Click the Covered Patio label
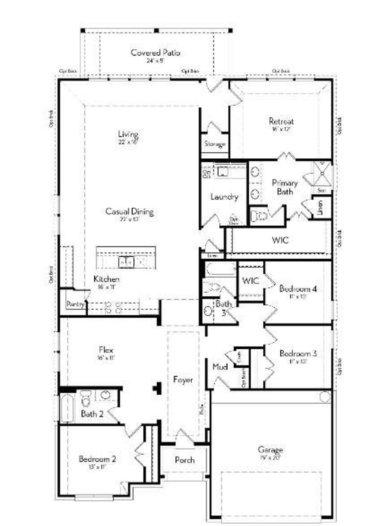(x=155, y=53)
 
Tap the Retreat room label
(x=281, y=121)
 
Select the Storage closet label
(x=215, y=144)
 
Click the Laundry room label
(x=224, y=197)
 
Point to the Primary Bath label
(x=285, y=187)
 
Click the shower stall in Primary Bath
(x=322, y=174)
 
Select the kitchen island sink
(x=126, y=262)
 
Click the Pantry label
(x=75, y=304)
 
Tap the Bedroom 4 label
(x=298, y=289)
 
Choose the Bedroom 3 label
(x=298, y=354)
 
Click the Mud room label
(x=220, y=366)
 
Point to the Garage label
(x=270, y=450)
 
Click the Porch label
(x=185, y=460)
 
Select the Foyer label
(x=183, y=380)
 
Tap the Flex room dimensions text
(x=106, y=357)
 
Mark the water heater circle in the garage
(x=325, y=396)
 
